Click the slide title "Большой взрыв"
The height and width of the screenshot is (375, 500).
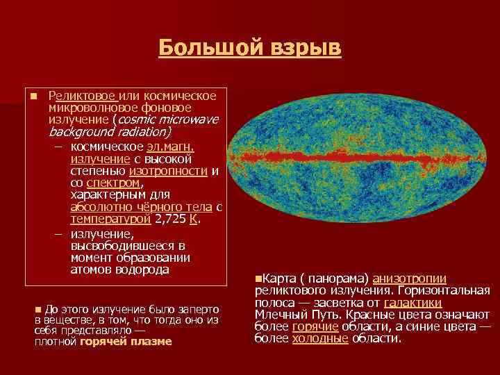click(249, 48)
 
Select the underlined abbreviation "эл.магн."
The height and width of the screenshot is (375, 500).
click(171, 147)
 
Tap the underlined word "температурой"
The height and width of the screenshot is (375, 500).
click(110, 219)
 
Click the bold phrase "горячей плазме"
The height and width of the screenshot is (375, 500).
click(126, 342)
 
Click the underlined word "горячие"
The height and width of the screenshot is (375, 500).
click(315, 326)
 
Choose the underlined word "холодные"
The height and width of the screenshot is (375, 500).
click(320, 338)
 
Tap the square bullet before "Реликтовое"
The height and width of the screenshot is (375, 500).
click(33, 96)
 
